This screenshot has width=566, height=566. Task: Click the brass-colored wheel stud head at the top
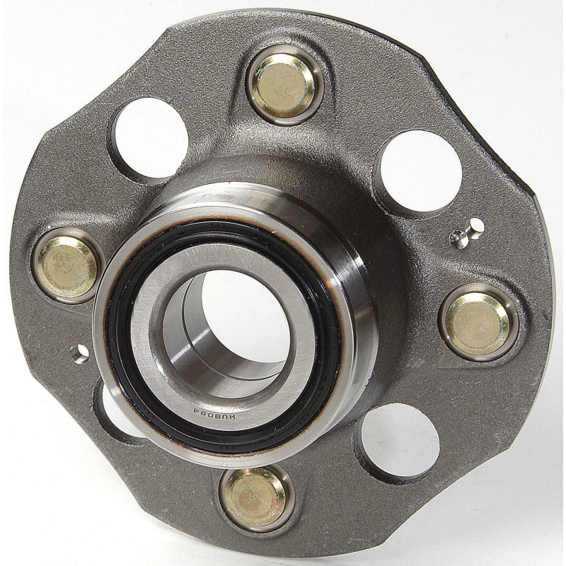(284, 84)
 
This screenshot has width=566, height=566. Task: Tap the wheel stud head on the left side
(67, 266)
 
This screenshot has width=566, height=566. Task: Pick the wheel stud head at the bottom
(255, 498)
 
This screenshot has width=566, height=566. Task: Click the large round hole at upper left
(150, 137)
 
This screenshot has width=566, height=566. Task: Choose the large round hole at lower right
(400, 440)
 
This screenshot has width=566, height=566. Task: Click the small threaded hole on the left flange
(81, 353)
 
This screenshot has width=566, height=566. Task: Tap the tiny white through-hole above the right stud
(477, 226)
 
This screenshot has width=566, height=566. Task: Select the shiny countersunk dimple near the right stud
(460, 239)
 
